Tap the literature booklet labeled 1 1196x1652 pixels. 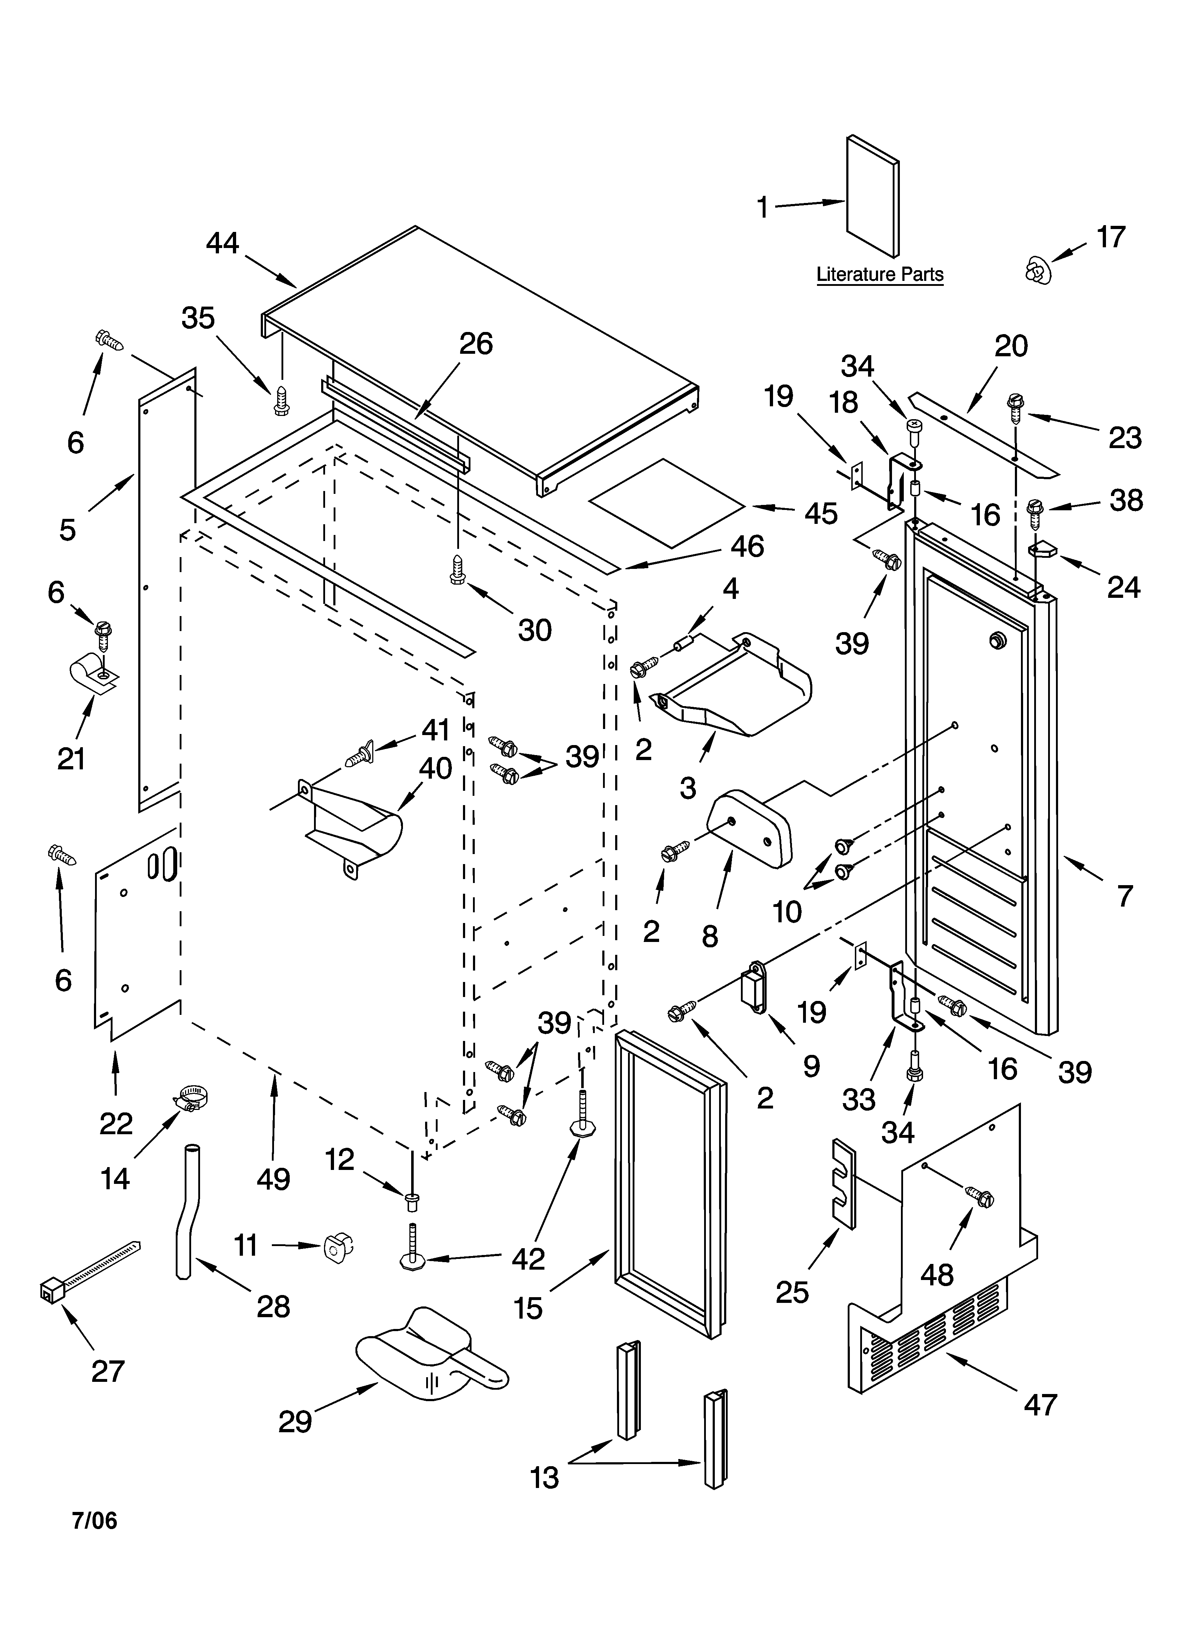point(872,197)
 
